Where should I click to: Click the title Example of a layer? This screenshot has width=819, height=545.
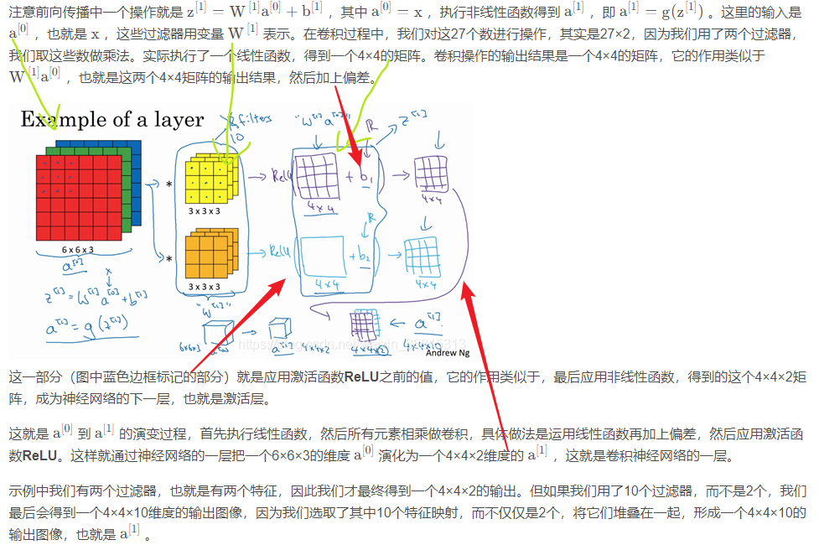click(111, 120)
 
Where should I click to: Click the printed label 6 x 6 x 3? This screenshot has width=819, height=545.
click(76, 251)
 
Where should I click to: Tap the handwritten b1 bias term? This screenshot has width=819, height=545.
click(366, 179)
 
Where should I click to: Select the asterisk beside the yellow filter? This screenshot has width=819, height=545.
click(169, 184)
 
